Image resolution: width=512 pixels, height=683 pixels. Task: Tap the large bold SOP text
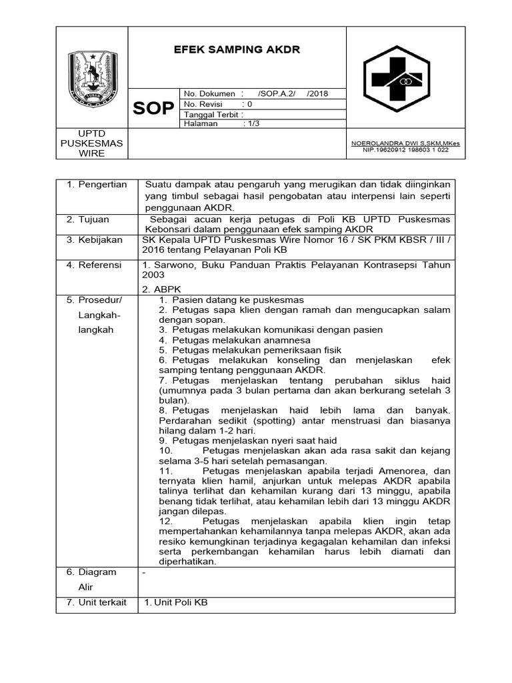coord(153,109)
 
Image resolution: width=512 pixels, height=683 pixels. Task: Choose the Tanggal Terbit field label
coord(209,114)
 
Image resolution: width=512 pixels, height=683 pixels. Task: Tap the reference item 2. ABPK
coord(159,289)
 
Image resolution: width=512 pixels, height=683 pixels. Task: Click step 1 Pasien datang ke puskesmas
coord(231,300)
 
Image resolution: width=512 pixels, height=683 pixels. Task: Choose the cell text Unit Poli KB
coord(176,602)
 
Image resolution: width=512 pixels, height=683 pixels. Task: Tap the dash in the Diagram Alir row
coord(144,572)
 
